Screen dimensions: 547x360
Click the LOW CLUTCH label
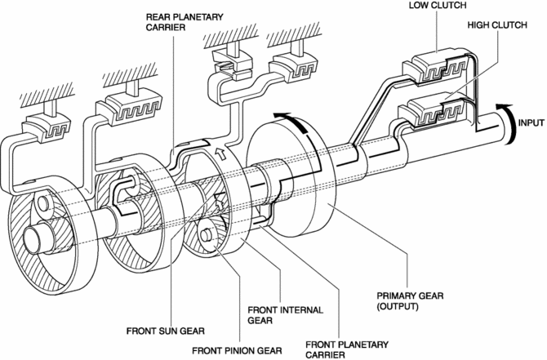[x=438, y=5]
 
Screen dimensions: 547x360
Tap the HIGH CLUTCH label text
[x=497, y=25]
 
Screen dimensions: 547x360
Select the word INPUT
[x=531, y=122]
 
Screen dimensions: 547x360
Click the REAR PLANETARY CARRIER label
[x=185, y=21]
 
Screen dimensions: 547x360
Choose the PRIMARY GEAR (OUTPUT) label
[x=410, y=301]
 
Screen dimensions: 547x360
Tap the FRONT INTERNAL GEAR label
[x=286, y=314]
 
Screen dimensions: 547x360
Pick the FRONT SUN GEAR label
[x=166, y=331]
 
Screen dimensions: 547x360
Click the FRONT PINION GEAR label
[x=237, y=350]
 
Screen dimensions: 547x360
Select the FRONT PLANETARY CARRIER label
[x=347, y=349]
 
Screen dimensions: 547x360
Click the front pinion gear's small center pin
[x=205, y=234]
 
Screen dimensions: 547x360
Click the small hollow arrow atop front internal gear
[x=220, y=154]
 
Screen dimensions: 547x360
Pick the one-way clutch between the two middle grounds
[x=231, y=65]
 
